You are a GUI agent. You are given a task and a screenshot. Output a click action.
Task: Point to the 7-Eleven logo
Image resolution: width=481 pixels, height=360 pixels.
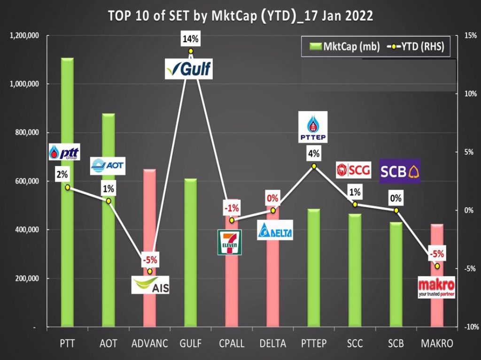pyautogui.click(x=229, y=242)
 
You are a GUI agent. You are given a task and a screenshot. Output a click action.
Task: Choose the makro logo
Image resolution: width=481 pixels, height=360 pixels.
pyautogui.click(x=436, y=288)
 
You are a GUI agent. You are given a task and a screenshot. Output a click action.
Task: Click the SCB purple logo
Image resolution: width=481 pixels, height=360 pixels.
pyautogui.click(x=400, y=171)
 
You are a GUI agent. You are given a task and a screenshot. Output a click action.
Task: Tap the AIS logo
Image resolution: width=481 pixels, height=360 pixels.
pyautogui.click(x=151, y=285)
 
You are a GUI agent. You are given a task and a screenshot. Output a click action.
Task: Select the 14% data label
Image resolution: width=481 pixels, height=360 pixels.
pyautogui.click(x=191, y=40)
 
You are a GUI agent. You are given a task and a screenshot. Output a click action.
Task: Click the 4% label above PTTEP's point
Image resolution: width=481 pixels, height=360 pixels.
pyautogui.click(x=314, y=153)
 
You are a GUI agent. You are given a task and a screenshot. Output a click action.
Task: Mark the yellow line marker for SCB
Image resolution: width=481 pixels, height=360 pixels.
pyautogui.click(x=396, y=210)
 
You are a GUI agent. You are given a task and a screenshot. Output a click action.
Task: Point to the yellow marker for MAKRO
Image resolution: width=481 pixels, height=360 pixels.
pyautogui.click(x=437, y=266)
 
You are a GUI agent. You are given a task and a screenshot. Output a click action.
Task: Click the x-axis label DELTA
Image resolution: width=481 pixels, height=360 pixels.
pyautogui.click(x=272, y=344)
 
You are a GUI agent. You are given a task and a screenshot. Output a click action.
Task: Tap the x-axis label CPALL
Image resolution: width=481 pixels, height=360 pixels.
pyautogui.click(x=232, y=344)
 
